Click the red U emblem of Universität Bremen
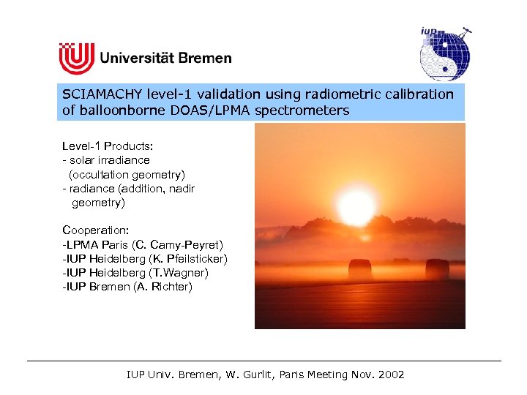pos(77,57)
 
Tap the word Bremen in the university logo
pos(205,58)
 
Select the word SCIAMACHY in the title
pos(102,94)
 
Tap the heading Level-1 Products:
pos(108,146)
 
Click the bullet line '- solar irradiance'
pos(106,159)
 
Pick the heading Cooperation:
pos(96,230)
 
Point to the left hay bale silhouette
pos(360,268)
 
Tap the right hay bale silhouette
pos(437,268)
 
